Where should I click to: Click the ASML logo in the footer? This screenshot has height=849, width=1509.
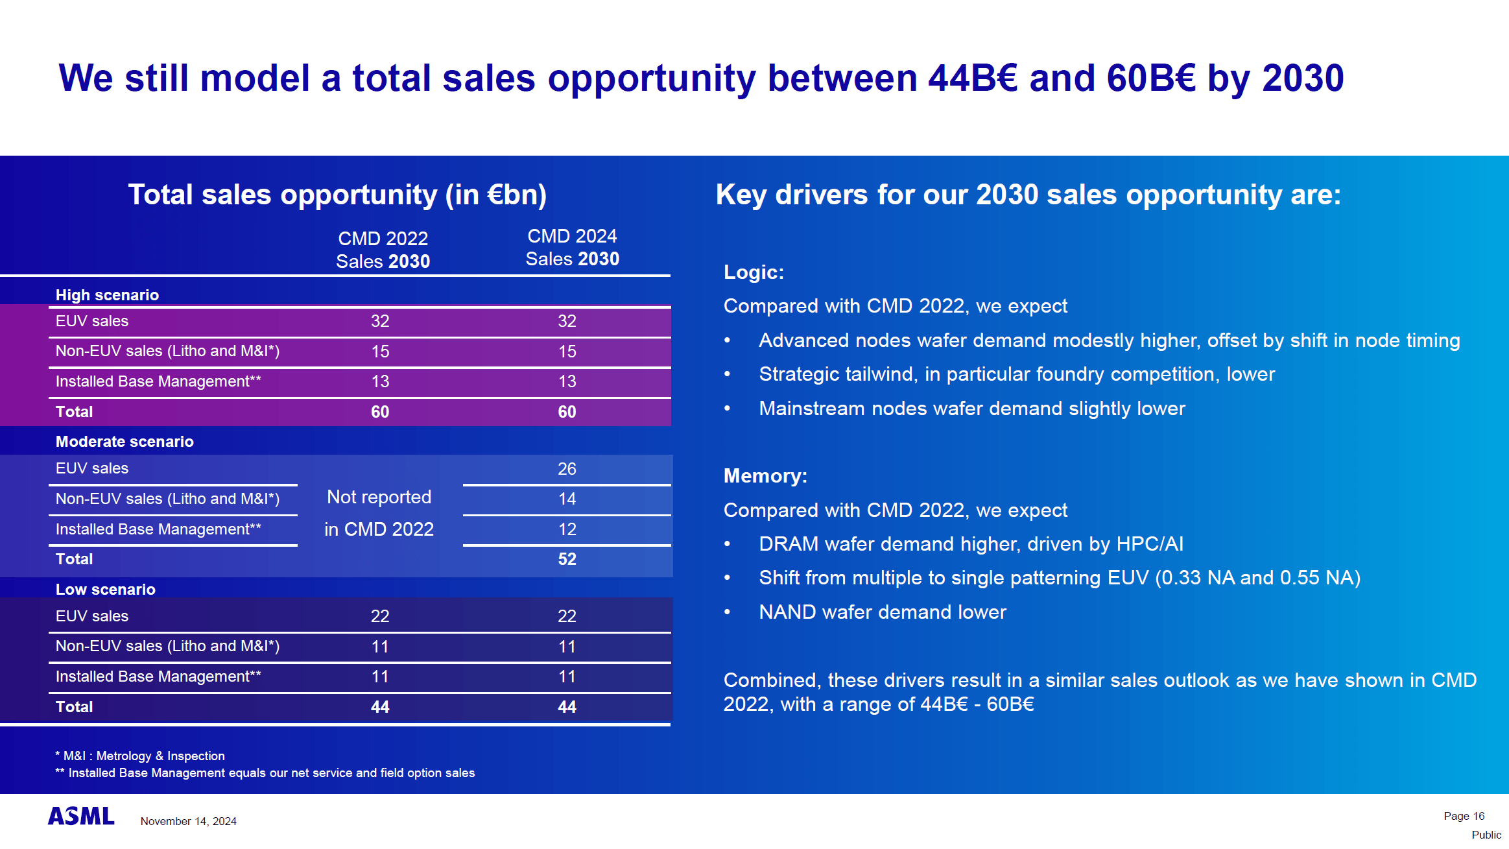click(81, 816)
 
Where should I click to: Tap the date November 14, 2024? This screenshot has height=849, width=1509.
click(188, 821)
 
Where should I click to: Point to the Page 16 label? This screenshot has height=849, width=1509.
click(1464, 816)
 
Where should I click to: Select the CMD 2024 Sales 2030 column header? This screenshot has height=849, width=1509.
click(572, 247)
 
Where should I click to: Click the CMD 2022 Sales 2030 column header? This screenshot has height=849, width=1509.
click(383, 250)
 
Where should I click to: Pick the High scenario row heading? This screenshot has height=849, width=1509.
click(107, 295)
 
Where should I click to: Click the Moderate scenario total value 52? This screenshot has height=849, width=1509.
click(567, 559)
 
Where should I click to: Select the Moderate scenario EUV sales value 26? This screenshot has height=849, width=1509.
click(567, 469)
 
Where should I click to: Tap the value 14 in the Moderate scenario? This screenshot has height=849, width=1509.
click(567, 499)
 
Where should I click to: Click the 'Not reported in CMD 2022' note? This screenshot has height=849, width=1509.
click(379, 513)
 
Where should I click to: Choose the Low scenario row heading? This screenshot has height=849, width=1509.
click(106, 590)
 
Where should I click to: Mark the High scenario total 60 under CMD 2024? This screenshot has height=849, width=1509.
click(567, 412)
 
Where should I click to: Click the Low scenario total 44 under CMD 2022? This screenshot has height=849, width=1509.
click(380, 707)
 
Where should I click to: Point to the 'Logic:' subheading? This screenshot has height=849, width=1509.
click(754, 272)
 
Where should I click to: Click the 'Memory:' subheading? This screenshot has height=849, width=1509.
click(765, 476)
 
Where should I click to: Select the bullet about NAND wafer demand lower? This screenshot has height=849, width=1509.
click(882, 612)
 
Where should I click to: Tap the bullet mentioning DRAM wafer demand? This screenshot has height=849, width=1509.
click(971, 544)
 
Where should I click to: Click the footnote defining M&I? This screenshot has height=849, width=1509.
click(140, 756)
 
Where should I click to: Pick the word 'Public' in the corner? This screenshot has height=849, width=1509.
click(1486, 835)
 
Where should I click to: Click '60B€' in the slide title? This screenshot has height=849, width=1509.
click(1150, 78)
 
